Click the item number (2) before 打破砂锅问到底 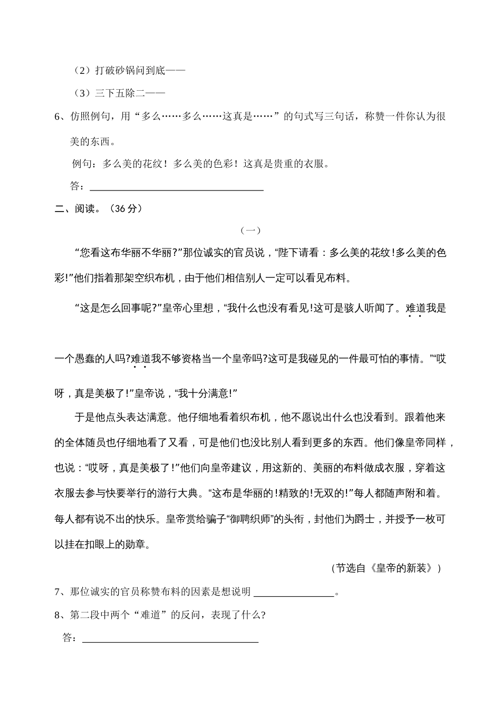tap(83, 70)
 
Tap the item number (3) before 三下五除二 tap(83, 93)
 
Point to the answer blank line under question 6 tap(177, 189)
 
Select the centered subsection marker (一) tap(250, 230)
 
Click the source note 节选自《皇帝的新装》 tap(386, 568)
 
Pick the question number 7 tap(59, 591)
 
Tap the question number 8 tap(59, 615)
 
